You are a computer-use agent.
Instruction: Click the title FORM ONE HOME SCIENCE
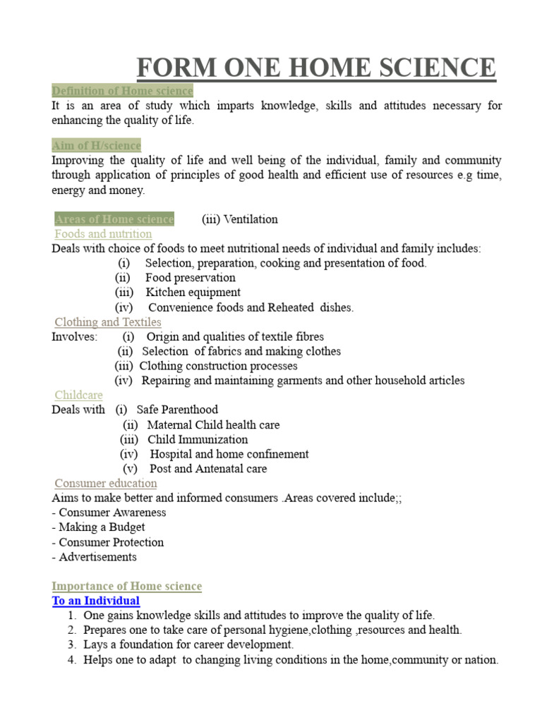[x=316, y=68]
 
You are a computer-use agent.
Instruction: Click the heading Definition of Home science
[x=122, y=91]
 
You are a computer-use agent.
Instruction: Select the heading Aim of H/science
[x=97, y=145]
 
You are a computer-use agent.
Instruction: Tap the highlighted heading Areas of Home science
[x=114, y=219]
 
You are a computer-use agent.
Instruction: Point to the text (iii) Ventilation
[x=240, y=219]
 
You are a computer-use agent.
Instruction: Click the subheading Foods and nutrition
[x=103, y=234]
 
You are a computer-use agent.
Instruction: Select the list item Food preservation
[x=191, y=278]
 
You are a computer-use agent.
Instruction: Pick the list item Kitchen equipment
[x=193, y=293]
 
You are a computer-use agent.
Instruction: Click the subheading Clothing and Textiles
[x=108, y=322]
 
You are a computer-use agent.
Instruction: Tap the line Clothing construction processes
[x=218, y=366]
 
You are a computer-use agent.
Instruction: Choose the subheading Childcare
[x=79, y=396]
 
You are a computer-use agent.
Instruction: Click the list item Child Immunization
[x=198, y=439]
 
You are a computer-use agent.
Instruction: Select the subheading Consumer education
[x=106, y=484]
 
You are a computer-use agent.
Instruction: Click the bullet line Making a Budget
[x=99, y=527]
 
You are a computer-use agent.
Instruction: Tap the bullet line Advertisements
[x=95, y=557]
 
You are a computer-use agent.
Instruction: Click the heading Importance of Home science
[x=127, y=587]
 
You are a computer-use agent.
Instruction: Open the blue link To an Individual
[x=96, y=601]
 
